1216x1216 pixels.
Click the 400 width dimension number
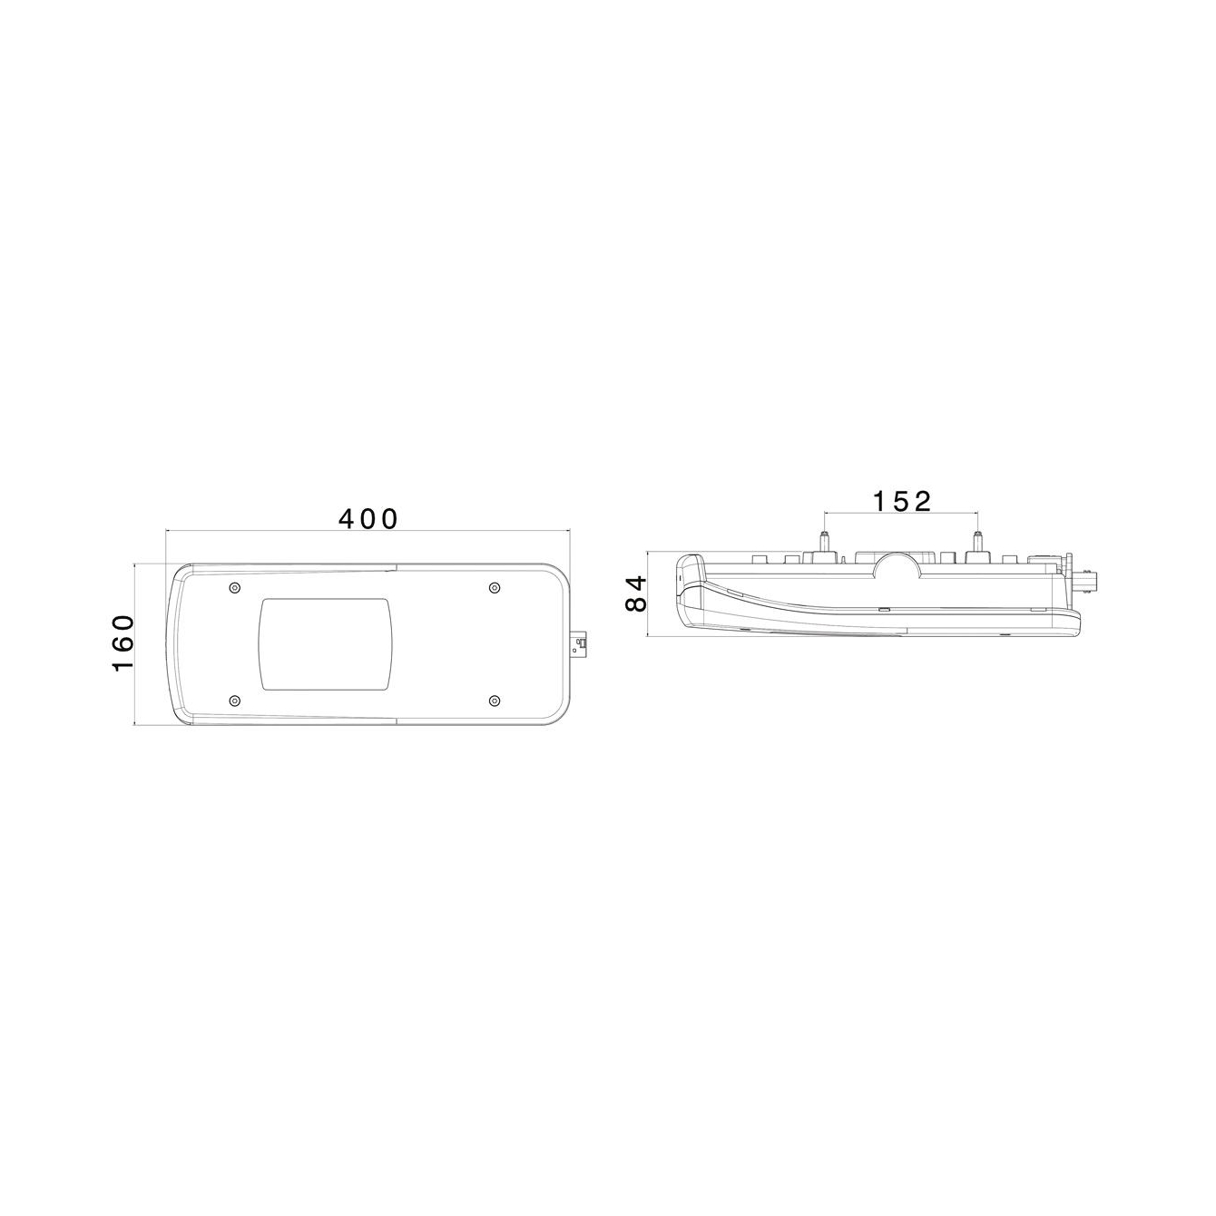click(368, 519)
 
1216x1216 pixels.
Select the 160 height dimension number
click(123, 643)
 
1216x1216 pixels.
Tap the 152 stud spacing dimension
click(902, 502)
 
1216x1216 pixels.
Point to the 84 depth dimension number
click(636, 593)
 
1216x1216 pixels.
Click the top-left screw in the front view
click(235, 587)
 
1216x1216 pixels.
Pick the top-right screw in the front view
click(495, 587)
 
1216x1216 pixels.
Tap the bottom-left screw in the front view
click(235, 701)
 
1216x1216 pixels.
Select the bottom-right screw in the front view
click(495, 701)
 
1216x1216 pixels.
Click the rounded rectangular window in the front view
click(328, 644)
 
